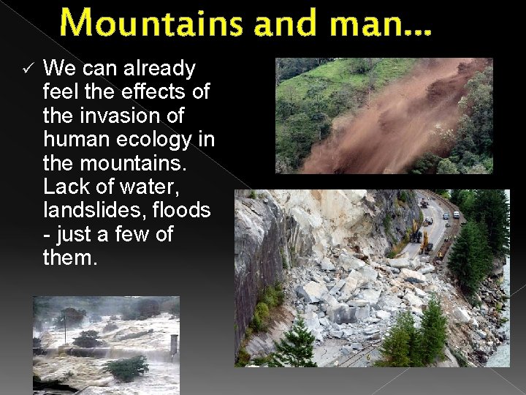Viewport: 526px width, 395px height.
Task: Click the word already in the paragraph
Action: point(159,69)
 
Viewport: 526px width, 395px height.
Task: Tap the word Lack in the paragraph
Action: point(64,187)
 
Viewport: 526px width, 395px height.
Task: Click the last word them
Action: point(69,257)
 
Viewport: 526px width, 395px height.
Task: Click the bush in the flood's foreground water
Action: point(126,367)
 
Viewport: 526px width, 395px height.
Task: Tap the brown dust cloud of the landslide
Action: point(394,117)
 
